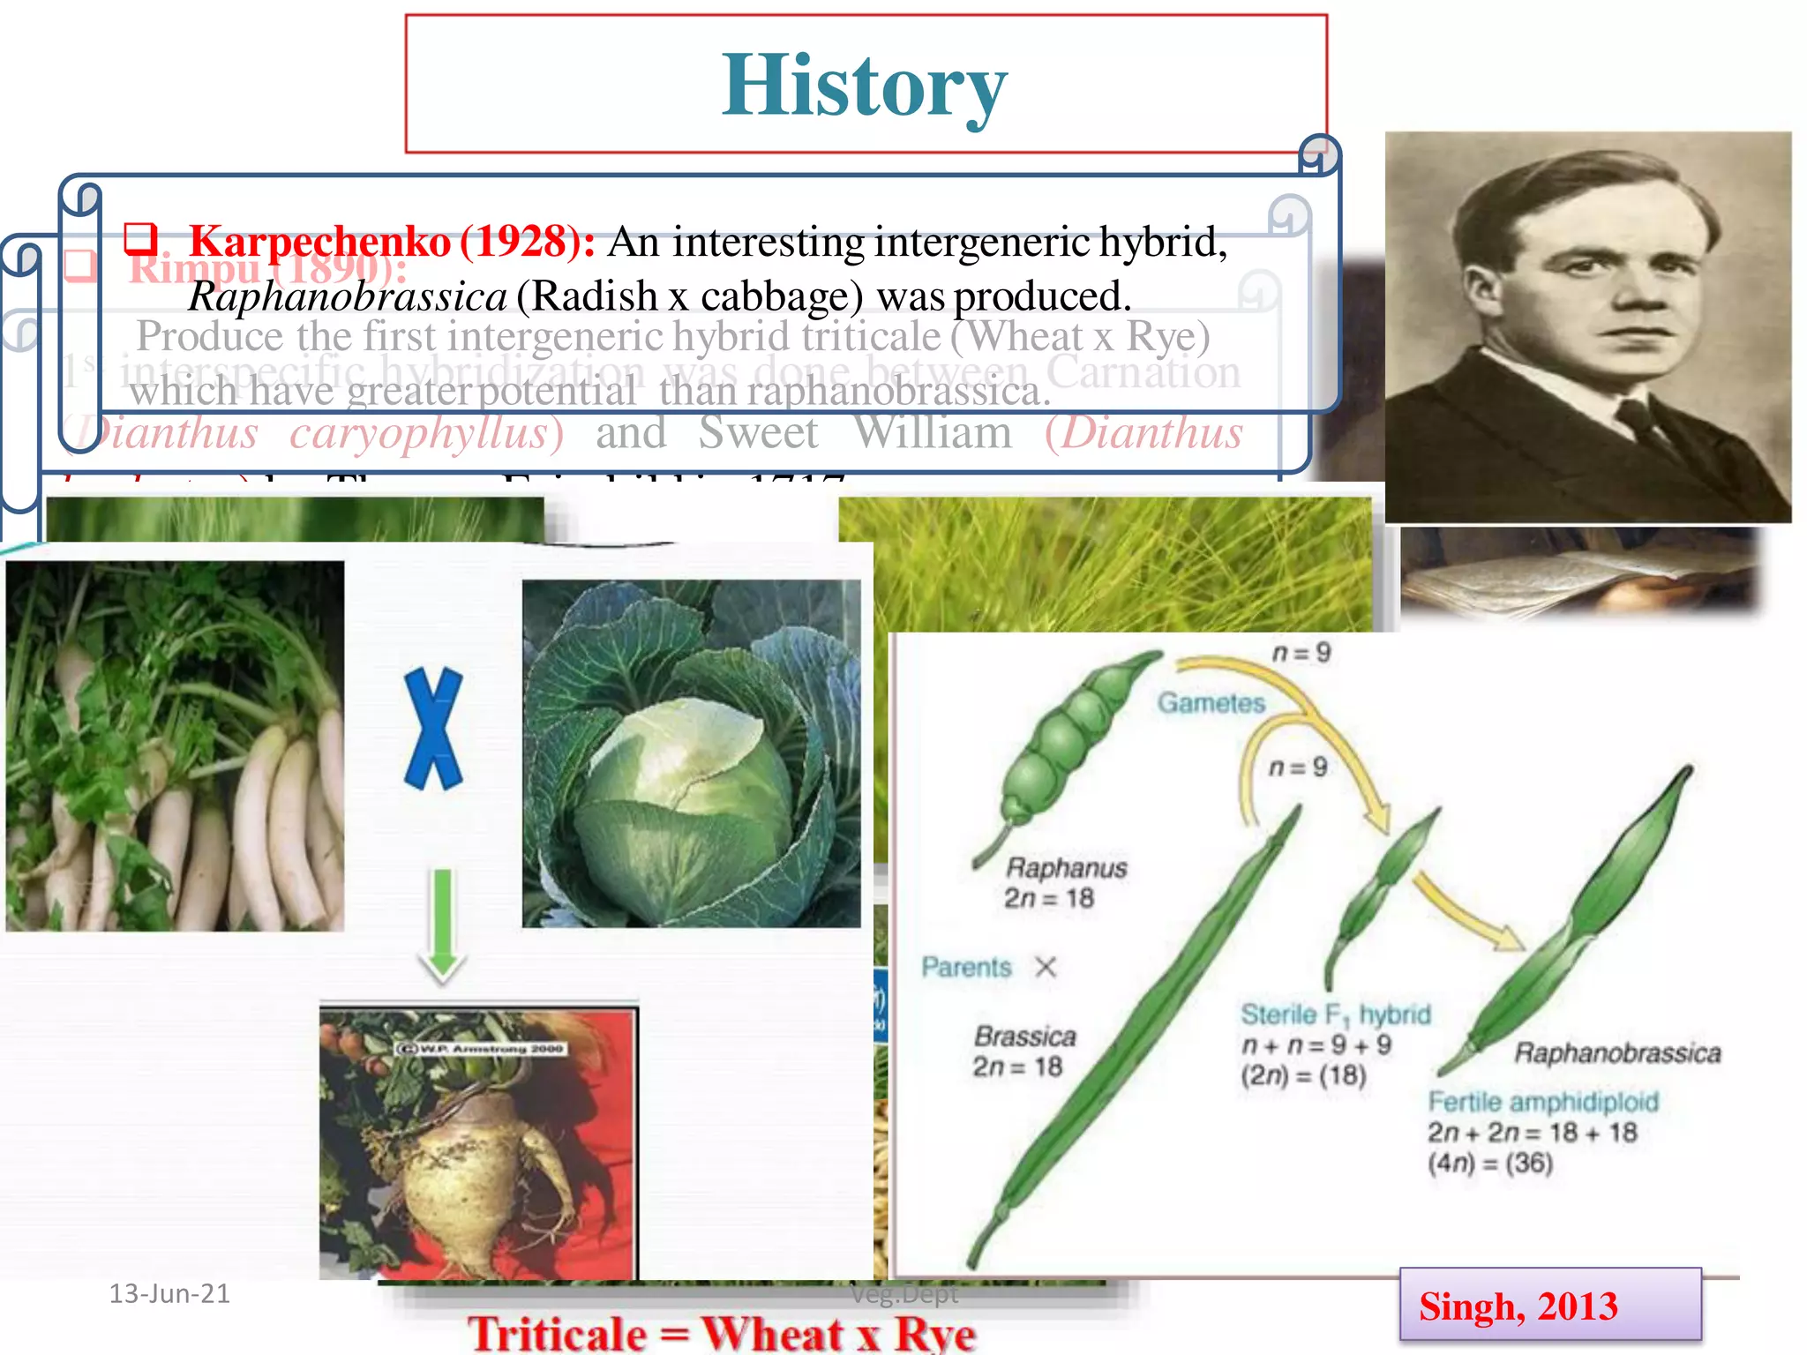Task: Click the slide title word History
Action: click(864, 86)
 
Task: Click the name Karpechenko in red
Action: click(319, 241)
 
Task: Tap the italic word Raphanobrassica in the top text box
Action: click(348, 296)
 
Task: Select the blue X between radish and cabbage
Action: click(432, 729)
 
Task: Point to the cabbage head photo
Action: click(691, 753)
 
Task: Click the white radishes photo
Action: click(175, 746)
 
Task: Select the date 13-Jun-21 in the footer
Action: click(169, 1293)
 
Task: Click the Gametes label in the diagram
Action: click(1211, 703)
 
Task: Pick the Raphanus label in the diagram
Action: click(1066, 868)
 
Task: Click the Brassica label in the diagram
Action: click(1024, 1037)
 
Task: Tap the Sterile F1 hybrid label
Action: click(1335, 1015)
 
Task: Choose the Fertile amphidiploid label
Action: click(1543, 1102)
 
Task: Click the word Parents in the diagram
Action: click(966, 968)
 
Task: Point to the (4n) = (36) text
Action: click(1490, 1164)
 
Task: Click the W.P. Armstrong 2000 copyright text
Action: click(481, 1049)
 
